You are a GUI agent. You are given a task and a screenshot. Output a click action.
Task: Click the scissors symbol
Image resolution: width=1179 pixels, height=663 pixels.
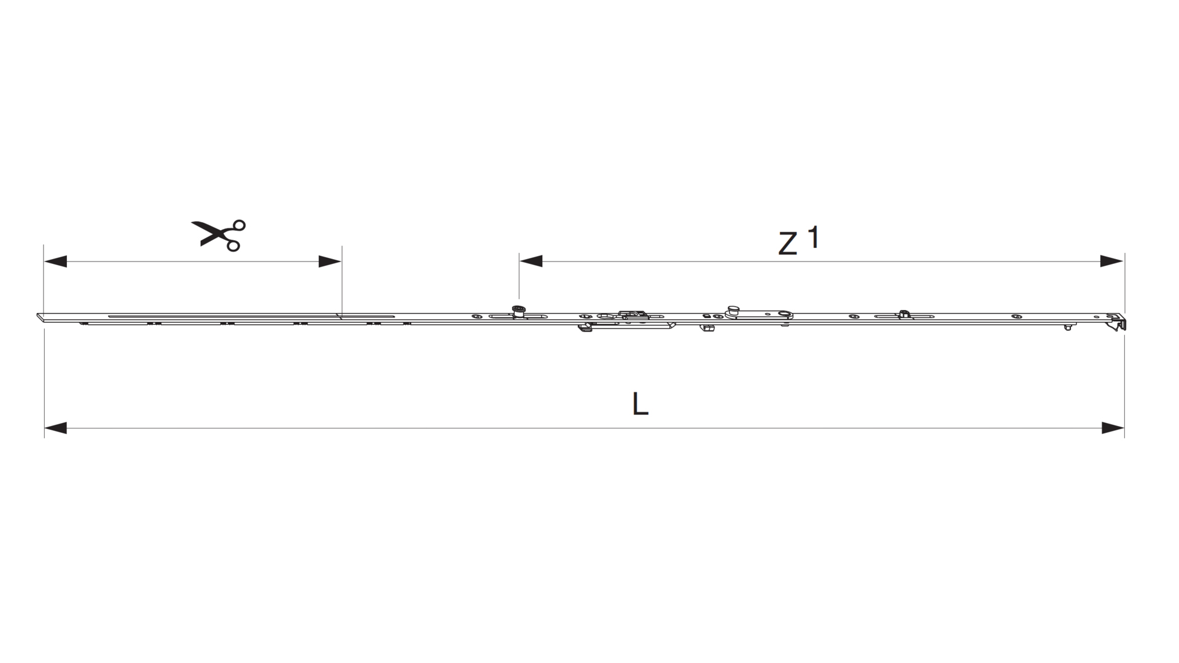pyautogui.click(x=219, y=235)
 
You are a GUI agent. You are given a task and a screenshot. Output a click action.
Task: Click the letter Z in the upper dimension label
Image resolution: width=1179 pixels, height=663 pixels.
pyautogui.click(x=788, y=244)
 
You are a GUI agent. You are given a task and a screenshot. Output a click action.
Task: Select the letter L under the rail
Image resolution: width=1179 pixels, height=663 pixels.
pyautogui.click(x=640, y=404)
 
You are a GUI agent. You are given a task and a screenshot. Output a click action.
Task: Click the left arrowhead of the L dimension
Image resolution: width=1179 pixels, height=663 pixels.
pyautogui.click(x=55, y=428)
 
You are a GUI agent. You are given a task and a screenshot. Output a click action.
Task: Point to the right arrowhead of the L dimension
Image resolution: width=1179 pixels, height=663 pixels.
pyautogui.click(x=1113, y=428)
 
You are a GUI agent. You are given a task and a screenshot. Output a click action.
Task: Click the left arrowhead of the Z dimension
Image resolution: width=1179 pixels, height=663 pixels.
pyautogui.click(x=531, y=262)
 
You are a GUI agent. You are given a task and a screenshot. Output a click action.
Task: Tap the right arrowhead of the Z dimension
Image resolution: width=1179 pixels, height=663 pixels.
pyautogui.click(x=1112, y=262)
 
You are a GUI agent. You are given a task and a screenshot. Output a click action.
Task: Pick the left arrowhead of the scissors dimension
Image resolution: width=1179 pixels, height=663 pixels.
pyautogui.click(x=55, y=262)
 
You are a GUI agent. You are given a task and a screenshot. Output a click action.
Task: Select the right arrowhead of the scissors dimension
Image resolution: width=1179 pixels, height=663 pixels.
pyautogui.click(x=330, y=262)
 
